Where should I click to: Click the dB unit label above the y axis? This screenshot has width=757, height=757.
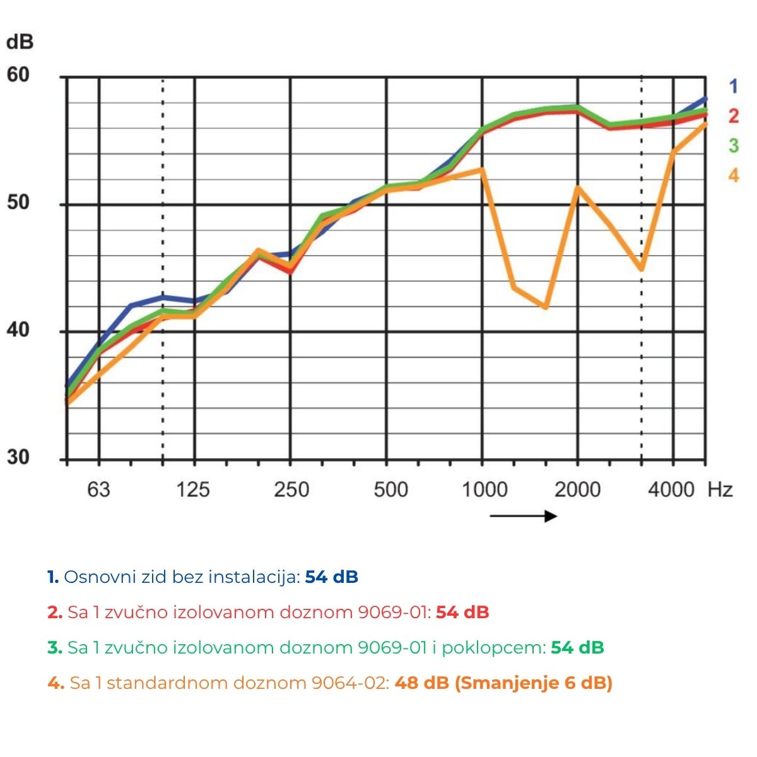(19, 42)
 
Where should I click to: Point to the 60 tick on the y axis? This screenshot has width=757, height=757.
(18, 75)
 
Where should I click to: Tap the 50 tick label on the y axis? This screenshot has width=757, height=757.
(18, 203)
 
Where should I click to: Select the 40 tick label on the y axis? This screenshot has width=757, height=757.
(18, 330)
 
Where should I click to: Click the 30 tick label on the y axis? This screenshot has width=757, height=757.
(18, 457)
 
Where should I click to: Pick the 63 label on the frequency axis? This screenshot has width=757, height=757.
(98, 490)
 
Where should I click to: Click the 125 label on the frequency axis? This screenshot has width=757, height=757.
(193, 490)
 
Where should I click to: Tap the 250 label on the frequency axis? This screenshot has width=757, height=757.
(291, 490)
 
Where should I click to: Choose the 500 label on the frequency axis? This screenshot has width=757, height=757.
(390, 490)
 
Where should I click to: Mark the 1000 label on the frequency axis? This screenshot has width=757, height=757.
(484, 490)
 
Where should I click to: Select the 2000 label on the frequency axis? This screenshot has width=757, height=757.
(577, 490)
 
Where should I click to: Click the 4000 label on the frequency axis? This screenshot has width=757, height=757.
(671, 490)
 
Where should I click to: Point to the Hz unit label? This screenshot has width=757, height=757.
(720, 490)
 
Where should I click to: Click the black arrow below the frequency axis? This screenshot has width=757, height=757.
(523, 517)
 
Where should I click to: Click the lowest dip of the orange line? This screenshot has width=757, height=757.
(545, 307)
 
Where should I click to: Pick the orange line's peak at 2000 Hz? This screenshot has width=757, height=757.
(577, 187)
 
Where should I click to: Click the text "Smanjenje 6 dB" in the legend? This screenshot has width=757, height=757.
(534, 683)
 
